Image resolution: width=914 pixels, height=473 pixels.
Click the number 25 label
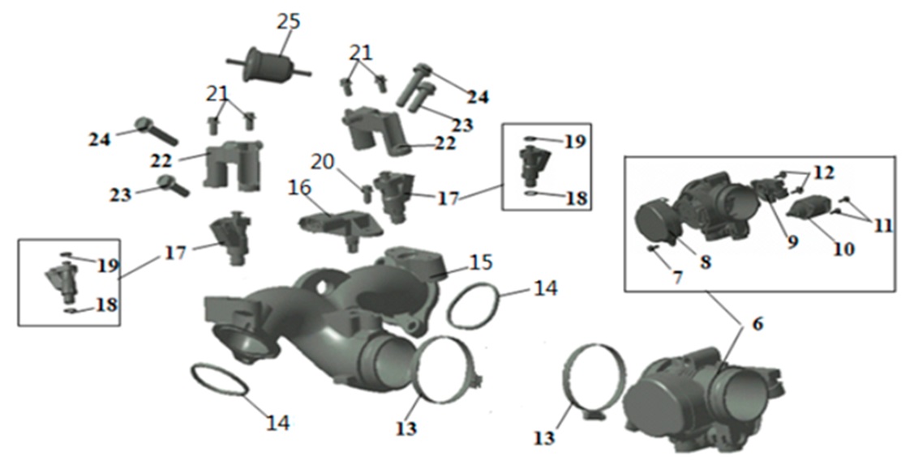(x=289, y=22)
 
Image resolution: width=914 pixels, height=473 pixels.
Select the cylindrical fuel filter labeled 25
(x=268, y=66)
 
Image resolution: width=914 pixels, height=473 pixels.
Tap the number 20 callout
(x=322, y=162)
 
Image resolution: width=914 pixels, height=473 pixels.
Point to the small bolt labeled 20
(x=367, y=193)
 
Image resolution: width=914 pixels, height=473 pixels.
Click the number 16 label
(x=299, y=188)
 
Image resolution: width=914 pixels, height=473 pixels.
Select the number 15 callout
(x=480, y=262)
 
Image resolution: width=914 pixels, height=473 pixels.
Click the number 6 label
(x=757, y=323)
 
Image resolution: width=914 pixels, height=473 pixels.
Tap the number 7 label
(x=676, y=278)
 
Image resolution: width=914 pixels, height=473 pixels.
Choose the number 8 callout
(x=706, y=262)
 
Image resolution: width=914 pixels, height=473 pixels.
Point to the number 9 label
(x=793, y=241)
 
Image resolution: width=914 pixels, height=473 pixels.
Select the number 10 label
(x=843, y=249)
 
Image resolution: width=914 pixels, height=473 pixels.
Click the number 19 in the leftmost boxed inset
(x=108, y=266)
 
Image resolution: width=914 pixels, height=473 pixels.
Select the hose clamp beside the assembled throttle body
(x=592, y=381)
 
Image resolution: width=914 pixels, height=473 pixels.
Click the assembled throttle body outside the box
(x=702, y=399)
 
